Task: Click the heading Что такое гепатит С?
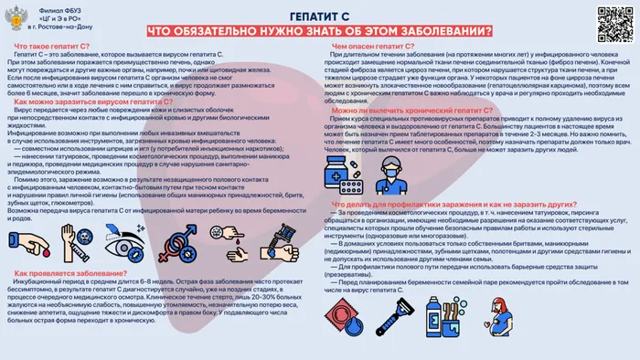pos(51,46)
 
